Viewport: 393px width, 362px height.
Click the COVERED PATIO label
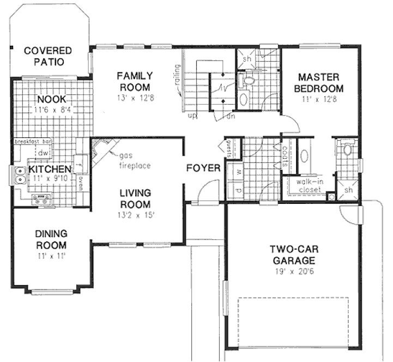48,56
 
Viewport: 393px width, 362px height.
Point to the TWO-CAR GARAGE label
293,255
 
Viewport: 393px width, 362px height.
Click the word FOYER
203,168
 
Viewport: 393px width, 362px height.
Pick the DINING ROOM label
51,239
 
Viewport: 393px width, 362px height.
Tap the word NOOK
51,99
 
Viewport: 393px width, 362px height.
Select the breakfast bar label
32,142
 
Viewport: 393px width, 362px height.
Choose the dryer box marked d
238,191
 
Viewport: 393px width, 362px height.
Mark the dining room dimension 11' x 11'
51,255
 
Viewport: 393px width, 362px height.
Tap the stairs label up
192,116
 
